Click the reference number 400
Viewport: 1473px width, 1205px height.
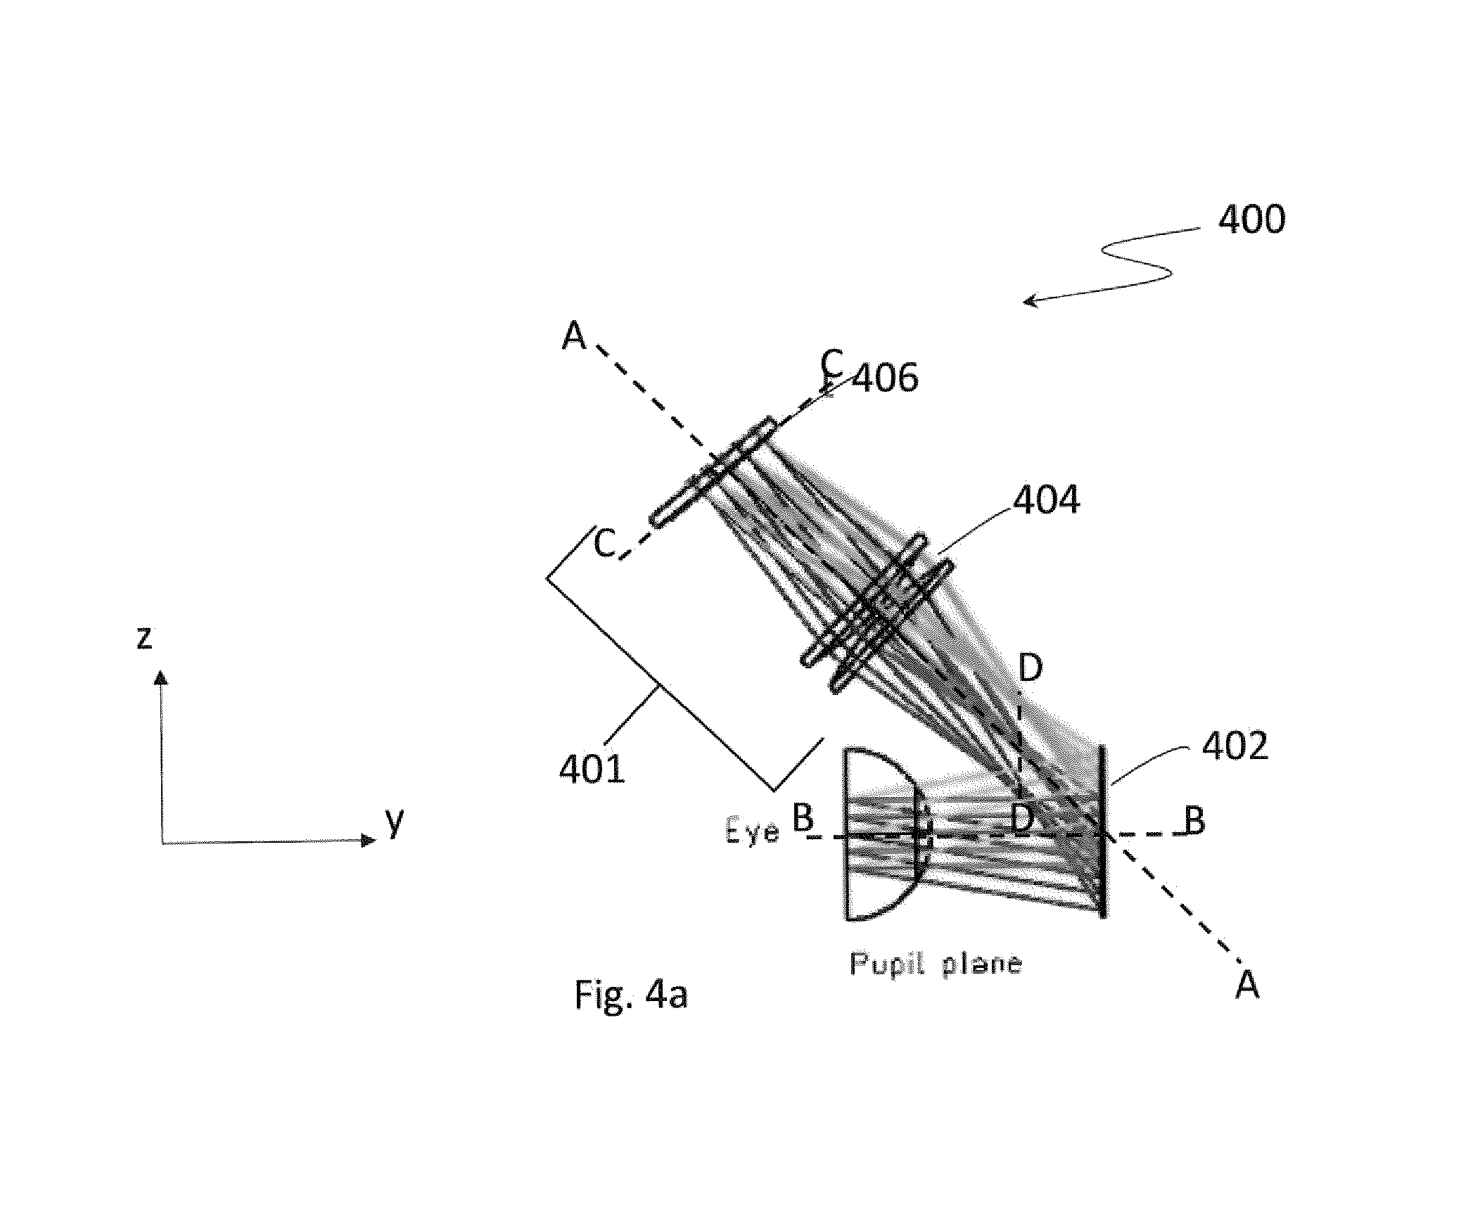click(x=1251, y=219)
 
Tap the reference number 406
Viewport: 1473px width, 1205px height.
click(x=885, y=378)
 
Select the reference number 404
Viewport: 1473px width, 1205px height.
click(x=1046, y=500)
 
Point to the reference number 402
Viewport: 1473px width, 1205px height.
click(x=1235, y=745)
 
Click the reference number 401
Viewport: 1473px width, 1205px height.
click(x=592, y=769)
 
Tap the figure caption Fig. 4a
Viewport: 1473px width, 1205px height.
click(x=631, y=994)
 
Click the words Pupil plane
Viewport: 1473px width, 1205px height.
click(x=935, y=964)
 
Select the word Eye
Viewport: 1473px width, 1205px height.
click(x=752, y=833)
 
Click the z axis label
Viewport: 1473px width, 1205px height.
click(x=144, y=638)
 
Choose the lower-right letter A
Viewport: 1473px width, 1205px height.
click(x=1247, y=986)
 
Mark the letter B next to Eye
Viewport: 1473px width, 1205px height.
click(x=803, y=818)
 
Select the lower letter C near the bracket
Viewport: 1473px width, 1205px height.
click(x=604, y=544)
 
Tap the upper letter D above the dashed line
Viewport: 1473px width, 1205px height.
click(x=1031, y=668)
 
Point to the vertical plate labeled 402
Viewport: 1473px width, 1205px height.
click(x=1102, y=831)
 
